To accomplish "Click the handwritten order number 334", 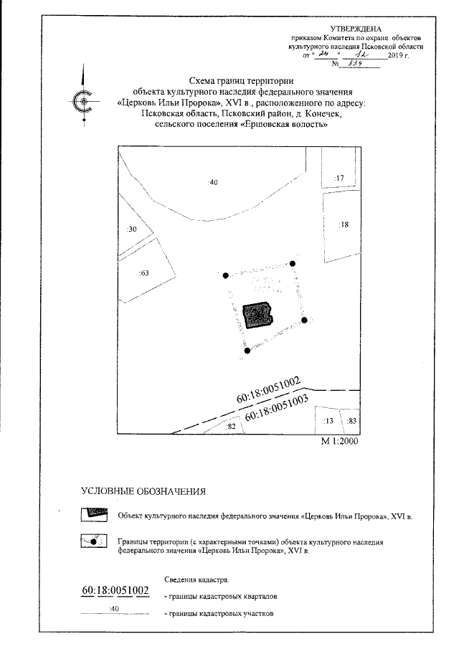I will [349, 63].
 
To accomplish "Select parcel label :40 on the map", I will [212, 182].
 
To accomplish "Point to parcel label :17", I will [341, 177].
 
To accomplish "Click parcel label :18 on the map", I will [344, 224].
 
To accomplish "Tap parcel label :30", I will [131, 229].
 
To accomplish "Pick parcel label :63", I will [143, 273].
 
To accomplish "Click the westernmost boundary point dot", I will [225, 275].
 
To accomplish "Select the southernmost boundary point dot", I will [247, 351].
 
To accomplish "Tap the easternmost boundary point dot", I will [304, 320].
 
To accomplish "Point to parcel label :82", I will [231, 426].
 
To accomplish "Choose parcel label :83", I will [351, 420].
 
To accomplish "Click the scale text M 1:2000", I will [339, 442].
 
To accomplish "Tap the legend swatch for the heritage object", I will [93, 514].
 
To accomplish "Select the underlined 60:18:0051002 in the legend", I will [115, 590].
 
